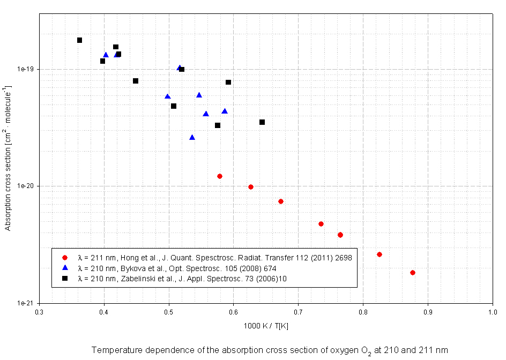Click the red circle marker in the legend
[65, 258]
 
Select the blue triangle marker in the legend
[65, 268]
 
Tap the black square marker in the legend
[65, 277]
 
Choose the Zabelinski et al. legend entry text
[182, 277]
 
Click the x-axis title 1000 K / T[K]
[266, 326]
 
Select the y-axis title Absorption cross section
[9, 158]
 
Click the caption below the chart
[269, 350]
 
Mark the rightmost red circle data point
[413, 273]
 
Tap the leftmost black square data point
[79, 40]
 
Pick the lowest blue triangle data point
[192, 137]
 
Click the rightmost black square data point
[262, 122]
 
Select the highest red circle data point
[220, 176]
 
